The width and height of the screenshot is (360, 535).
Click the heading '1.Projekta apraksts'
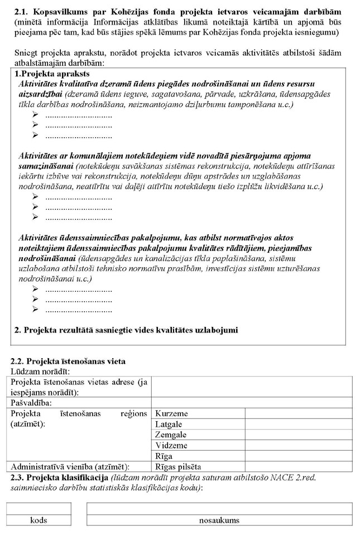click(x=52, y=74)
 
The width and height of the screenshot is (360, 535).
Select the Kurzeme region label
click(x=171, y=414)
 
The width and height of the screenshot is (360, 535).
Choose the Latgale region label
click(x=169, y=424)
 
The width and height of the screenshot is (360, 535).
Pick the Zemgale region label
click(x=171, y=435)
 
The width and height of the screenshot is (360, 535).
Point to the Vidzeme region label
click(x=171, y=445)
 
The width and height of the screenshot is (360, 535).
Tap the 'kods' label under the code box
click(x=39, y=520)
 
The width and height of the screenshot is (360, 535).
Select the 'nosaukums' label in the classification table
click(x=219, y=520)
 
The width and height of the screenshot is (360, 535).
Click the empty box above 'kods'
click(x=39, y=508)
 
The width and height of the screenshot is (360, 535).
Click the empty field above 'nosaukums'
click(x=219, y=508)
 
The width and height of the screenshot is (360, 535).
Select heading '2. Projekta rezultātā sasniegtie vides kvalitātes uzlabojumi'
click(x=126, y=330)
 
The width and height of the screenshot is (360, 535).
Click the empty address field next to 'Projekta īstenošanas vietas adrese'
click(x=252, y=386)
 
